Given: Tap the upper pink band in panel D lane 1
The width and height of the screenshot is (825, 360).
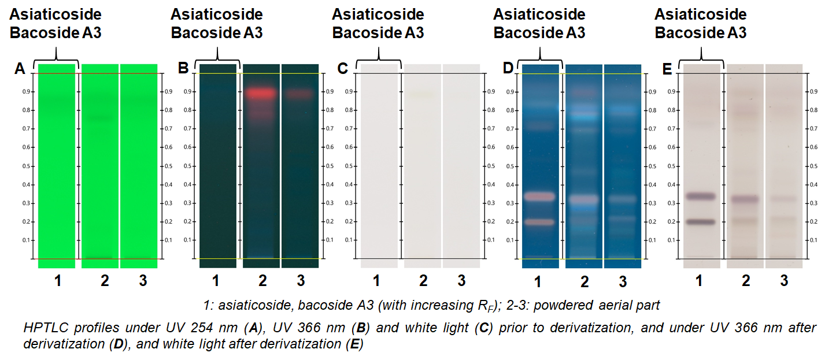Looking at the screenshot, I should pos(540,196).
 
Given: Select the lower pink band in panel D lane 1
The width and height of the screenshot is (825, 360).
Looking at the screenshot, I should pos(540,222).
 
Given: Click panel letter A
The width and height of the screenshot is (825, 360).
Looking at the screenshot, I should pos(20,69).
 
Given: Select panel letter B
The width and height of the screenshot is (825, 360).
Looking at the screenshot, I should pos(183,69).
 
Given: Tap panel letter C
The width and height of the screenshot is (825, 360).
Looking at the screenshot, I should pos(342,69).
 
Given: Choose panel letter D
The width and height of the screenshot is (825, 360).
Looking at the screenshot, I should pos(508,69).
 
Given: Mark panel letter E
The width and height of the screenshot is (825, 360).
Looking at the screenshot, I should pos(667,69).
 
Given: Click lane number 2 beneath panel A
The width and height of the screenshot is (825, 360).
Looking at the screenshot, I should pos(105,281).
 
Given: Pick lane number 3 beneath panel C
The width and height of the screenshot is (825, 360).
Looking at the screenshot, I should pos(461,281).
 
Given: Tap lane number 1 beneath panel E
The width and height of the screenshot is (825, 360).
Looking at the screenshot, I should pos(699,281).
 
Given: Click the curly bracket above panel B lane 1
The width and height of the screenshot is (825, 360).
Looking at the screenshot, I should pos(217,55).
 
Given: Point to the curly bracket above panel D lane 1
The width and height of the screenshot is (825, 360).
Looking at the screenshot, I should pos(540,55).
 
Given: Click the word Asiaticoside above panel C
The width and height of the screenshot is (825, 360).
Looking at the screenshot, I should pos(378,14).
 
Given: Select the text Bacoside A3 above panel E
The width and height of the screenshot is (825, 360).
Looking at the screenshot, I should pos(700,33).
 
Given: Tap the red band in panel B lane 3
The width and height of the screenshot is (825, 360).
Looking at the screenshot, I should pos(300,92).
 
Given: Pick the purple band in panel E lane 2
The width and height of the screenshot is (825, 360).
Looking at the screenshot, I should pos(745,199).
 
